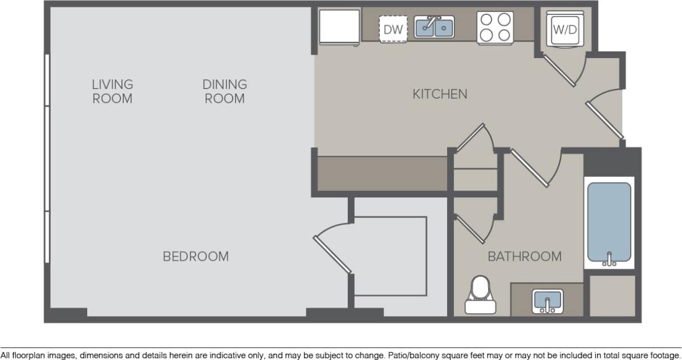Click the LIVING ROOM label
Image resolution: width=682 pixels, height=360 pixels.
[x=112, y=91]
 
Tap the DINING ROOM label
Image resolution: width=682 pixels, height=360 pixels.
[x=225, y=91]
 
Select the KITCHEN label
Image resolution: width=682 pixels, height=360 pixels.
[x=440, y=94]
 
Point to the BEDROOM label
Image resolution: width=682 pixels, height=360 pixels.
[x=196, y=257]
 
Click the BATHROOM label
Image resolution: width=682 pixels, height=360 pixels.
[x=524, y=257]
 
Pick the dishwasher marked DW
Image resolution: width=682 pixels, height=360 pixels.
[x=393, y=29]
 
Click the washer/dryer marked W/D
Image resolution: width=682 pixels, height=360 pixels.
[x=565, y=30]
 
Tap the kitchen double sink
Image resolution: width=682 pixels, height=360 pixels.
[x=434, y=27]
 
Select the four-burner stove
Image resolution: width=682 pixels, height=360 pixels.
[x=495, y=27]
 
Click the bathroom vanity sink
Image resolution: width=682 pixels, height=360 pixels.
[x=547, y=301]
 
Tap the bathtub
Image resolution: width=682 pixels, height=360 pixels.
[x=609, y=223]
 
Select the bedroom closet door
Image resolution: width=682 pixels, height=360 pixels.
[x=332, y=247]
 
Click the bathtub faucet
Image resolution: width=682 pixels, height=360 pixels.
[x=609, y=260]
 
